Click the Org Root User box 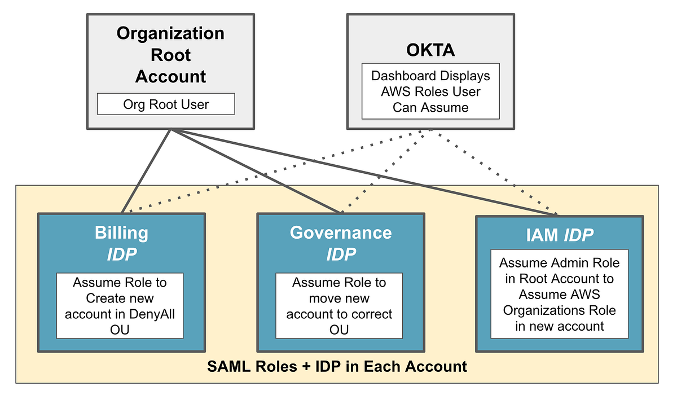165,104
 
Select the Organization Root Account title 170,55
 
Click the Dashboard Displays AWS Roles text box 430,91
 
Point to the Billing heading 121,232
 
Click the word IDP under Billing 121,254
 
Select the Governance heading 340,232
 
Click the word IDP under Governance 341,254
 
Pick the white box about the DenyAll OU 120,305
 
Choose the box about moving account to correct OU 339,305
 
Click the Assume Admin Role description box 559,294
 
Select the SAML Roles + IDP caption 337,367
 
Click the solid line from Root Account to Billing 147,170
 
